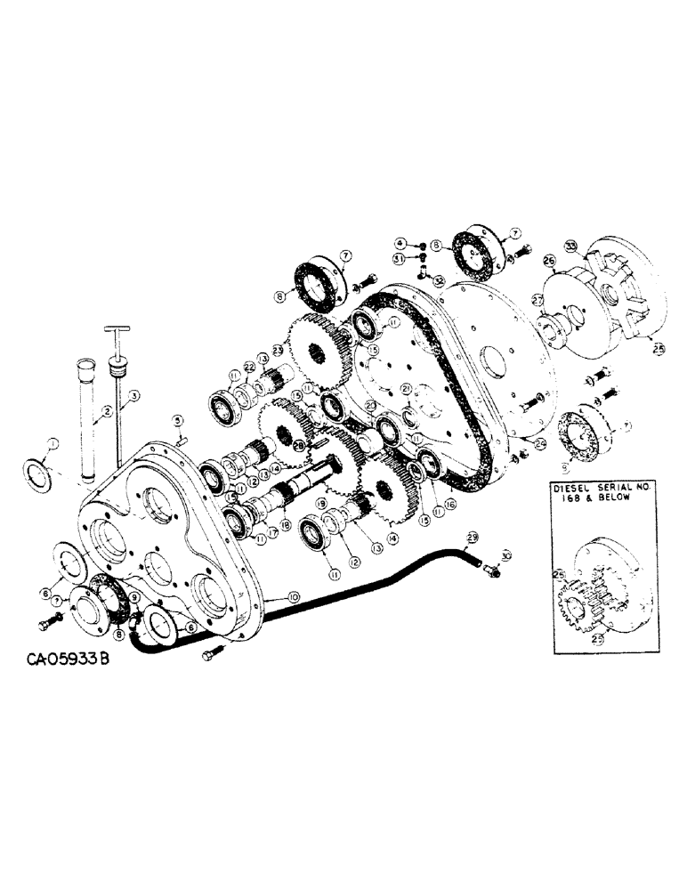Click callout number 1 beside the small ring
click(53, 443)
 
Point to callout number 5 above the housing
click(177, 420)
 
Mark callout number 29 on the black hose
click(472, 536)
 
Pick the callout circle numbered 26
click(549, 261)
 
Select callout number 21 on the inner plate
click(404, 388)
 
